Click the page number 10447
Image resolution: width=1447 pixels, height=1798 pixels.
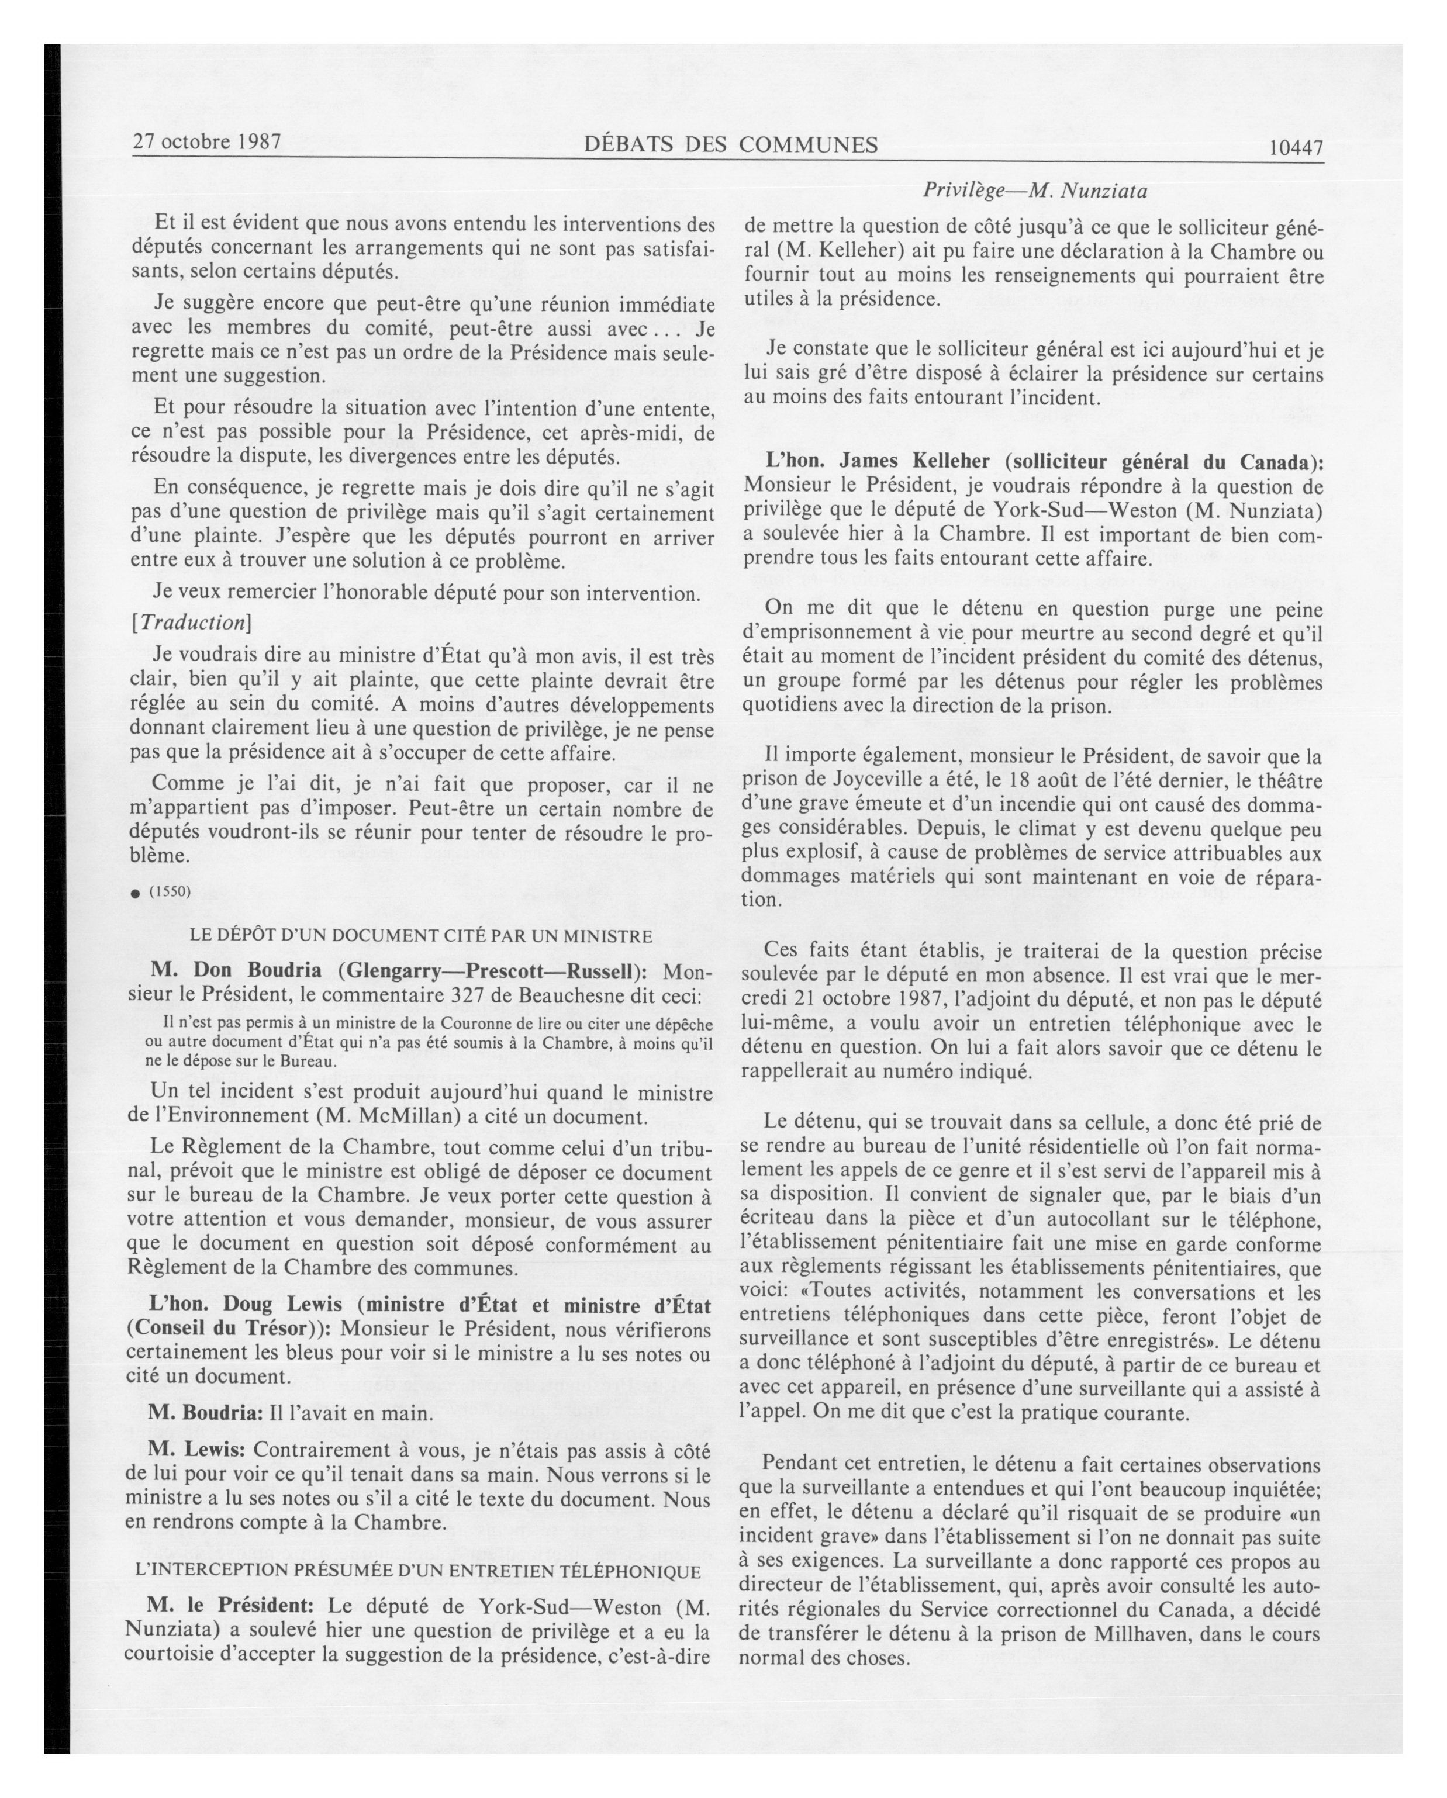(x=1295, y=148)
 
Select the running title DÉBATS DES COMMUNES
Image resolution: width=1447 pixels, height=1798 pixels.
(x=731, y=145)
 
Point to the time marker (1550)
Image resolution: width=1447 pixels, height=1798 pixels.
(x=170, y=891)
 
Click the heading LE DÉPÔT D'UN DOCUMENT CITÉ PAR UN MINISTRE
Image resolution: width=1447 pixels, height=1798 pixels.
(x=420, y=936)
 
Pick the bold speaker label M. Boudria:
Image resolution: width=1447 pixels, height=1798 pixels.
(x=204, y=1413)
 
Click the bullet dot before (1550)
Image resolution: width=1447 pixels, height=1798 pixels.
(x=135, y=893)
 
